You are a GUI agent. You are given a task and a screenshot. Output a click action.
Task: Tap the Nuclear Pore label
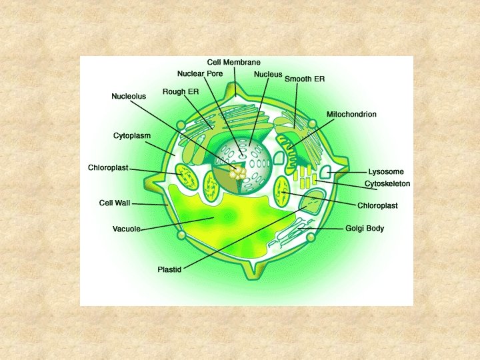pyautogui.click(x=200, y=73)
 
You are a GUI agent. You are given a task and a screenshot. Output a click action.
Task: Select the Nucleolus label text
pyautogui.click(x=128, y=97)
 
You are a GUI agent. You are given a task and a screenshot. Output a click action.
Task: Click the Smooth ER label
pyautogui.click(x=305, y=79)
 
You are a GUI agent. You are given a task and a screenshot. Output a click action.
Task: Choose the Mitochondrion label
pyautogui.click(x=351, y=115)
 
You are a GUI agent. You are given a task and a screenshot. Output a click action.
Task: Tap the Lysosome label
pyautogui.click(x=386, y=172)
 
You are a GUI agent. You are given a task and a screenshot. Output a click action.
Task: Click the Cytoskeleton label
pyautogui.click(x=387, y=183)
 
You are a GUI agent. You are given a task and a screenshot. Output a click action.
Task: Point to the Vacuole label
pyautogui.click(x=126, y=229)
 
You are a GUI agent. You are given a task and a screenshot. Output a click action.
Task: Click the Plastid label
pyautogui.click(x=170, y=269)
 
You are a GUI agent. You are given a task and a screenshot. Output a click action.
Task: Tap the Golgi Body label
pyautogui.click(x=365, y=229)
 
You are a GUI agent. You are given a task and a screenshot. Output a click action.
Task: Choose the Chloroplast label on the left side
pyautogui.click(x=108, y=167)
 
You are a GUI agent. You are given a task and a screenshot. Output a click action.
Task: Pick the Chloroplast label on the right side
pyautogui.click(x=377, y=205)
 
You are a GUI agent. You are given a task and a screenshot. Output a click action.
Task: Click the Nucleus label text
pyautogui.click(x=268, y=75)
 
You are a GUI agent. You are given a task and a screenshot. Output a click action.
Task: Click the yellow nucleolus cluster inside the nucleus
pyautogui.click(x=237, y=172)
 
